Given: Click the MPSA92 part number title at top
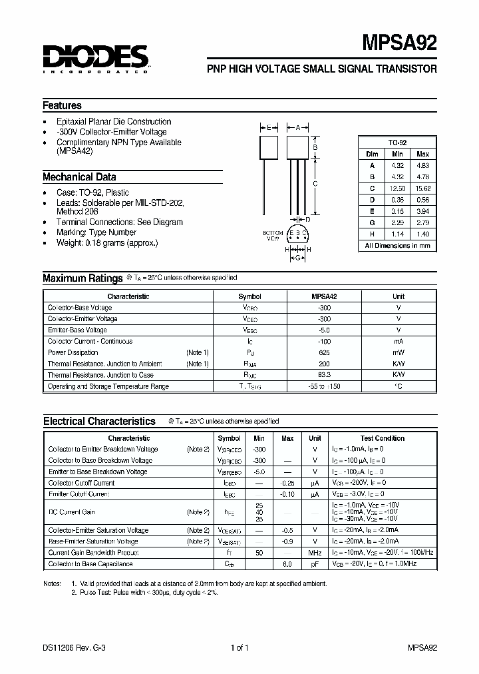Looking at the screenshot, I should (400, 43).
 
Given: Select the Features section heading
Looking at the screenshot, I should (63, 105).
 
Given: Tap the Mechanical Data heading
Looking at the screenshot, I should (79, 177).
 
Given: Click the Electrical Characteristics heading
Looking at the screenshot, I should (99, 421).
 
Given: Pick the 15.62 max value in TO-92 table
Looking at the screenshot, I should (422, 188).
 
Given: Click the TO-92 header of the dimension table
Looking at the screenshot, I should (398, 143).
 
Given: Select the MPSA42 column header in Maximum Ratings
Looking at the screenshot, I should (325, 296).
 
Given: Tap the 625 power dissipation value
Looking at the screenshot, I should (325, 352).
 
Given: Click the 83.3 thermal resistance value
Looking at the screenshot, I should (325, 375).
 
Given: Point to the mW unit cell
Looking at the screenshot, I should (399, 352).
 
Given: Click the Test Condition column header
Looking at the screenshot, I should (383, 438).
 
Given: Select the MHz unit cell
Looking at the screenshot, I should (315, 553).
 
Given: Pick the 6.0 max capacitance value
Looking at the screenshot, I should (287, 564).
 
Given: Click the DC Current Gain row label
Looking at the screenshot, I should (72, 511).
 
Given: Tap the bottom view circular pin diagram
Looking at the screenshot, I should (299, 234).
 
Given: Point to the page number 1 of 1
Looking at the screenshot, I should (239, 647).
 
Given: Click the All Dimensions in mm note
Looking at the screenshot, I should (398, 246).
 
